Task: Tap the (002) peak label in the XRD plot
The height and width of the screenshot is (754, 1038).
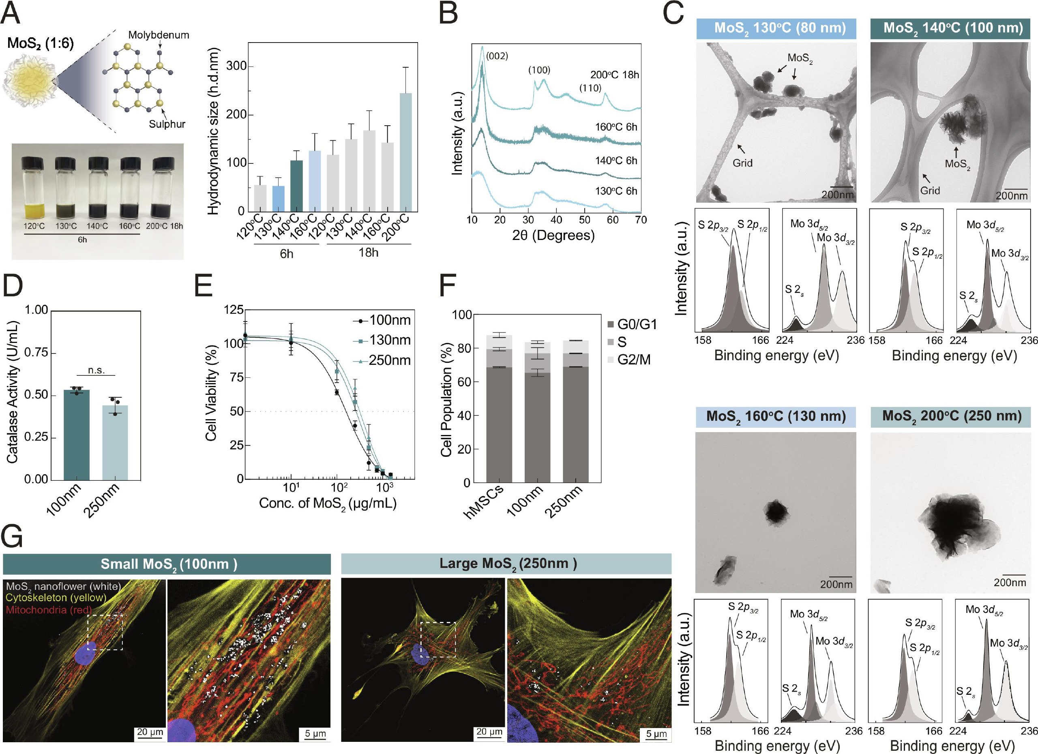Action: click(x=497, y=57)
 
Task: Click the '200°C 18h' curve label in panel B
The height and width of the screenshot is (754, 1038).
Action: click(x=615, y=75)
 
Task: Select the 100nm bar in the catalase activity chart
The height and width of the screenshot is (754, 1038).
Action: click(x=77, y=435)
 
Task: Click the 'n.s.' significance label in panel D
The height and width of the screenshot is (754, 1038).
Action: click(x=96, y=371)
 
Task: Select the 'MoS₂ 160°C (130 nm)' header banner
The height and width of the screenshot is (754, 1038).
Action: click(x=776, y=416)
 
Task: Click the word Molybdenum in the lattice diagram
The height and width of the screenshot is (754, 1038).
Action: click(x=159, y=35)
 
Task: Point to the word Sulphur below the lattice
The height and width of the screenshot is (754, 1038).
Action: click(x=167, y=124)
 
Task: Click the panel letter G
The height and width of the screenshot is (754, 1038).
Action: click(x=12, y=536)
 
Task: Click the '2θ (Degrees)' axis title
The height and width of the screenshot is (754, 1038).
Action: click(x=553, y=235)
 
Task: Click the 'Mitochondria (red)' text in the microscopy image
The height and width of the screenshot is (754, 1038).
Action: click(x=49, y=610)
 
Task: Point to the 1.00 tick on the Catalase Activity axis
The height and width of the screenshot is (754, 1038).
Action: click(x=36, y=310)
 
